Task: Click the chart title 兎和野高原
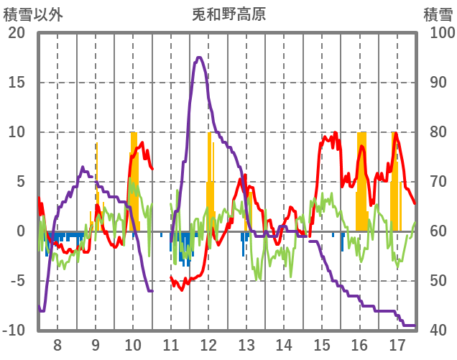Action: click(x=229, y=14)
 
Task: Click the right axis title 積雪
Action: click(x=437, y=14)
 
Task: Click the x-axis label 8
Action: click(x=57, y=344)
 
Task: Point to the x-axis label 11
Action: click(x=171, y=344)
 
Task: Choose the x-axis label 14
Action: click(x=284, y=344)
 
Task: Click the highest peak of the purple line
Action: click(x=198, y=57)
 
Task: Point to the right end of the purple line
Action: click(x=415, y=326)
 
